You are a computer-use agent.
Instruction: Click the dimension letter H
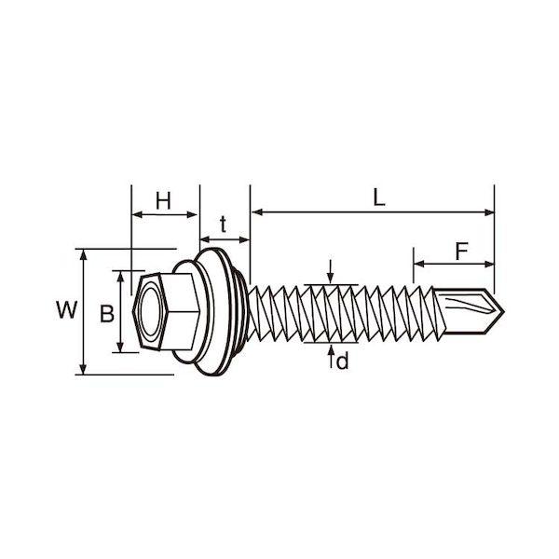163,200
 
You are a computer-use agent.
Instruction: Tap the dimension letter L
379,198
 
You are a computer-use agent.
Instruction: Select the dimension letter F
462,251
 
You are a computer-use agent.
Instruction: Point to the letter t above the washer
224,225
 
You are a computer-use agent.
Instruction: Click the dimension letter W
67,310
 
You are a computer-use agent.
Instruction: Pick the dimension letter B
106,314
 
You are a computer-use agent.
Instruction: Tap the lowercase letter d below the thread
342,361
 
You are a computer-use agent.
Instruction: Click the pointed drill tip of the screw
503,311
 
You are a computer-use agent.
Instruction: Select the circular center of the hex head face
150,311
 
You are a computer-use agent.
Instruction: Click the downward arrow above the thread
331,272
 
